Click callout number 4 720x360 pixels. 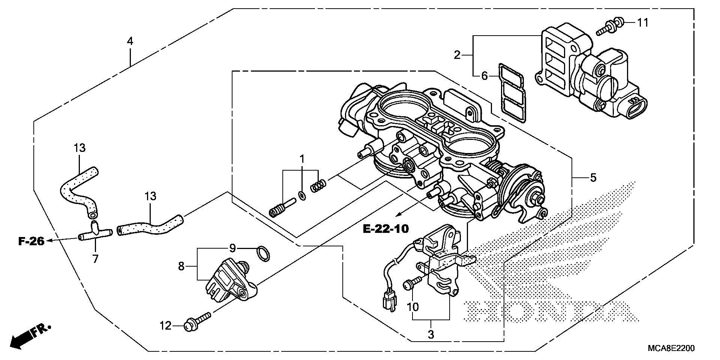point(130,41)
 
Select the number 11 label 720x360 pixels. point(643,22)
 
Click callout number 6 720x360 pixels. point(484,76)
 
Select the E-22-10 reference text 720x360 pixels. point(386,228)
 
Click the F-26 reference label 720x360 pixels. point(31,241)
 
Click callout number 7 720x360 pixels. point(95,259)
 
